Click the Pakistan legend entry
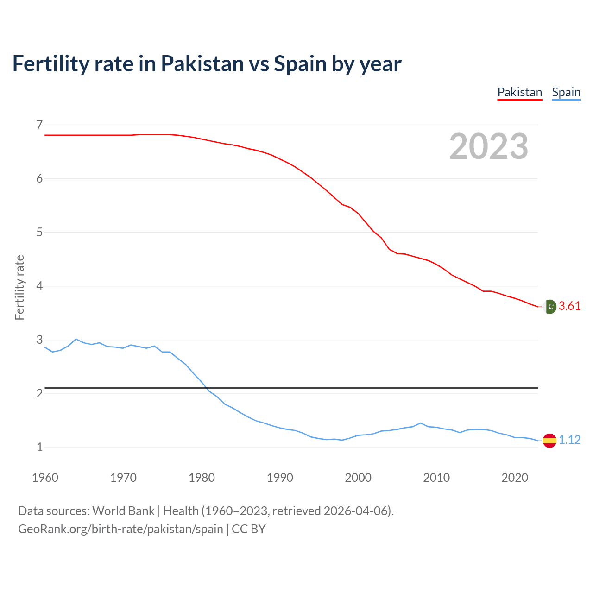point(519,92)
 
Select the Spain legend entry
point(566,92)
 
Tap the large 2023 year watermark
point(488,146)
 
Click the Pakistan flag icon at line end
point(550,306)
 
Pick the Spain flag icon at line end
point(549,440)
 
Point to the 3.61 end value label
point(569,306)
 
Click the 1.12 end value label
point(569,440)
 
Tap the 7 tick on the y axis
point(39,125)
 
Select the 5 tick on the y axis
point(39,232)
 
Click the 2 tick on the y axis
point(39,393)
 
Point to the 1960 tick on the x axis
point(45,478)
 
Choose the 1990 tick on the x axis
point(280,478)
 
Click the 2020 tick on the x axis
point(515,478)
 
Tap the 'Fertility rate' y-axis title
point(19,287)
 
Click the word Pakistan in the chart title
point(202,63)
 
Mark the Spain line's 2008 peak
point(420,423)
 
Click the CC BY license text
point(249,529)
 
